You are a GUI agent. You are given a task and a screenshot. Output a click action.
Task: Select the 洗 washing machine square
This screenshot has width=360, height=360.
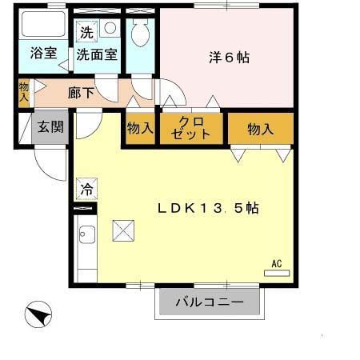(x=85, y=33)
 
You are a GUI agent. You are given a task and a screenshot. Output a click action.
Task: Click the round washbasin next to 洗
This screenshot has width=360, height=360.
(x=110, y=28)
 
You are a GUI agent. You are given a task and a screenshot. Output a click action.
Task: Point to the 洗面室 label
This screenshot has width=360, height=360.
(x=97, y=55)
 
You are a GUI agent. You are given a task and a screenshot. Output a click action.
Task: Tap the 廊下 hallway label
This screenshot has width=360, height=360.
(x=82, y=92)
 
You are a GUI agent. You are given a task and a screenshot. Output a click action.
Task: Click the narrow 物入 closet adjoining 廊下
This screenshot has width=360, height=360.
(x=23, y=92)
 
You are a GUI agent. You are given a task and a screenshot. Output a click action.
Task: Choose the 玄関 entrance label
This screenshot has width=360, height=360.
(x=50, y=126)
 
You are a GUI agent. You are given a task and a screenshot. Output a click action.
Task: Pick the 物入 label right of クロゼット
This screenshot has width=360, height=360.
(x=260, y=128)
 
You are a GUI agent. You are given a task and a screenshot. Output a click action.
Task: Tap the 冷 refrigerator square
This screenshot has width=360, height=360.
(x=85, y=190)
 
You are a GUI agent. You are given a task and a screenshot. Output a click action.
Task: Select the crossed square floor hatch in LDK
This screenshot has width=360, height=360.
(x=124, y=231)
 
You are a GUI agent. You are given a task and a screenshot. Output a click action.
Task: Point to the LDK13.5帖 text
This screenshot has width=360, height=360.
(x=206, y=207)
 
